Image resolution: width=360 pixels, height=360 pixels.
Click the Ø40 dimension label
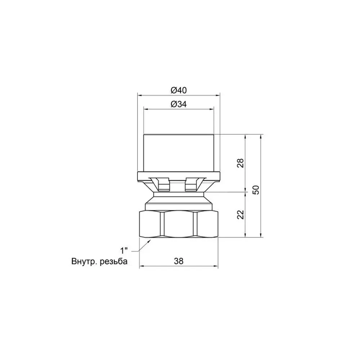[179, 90]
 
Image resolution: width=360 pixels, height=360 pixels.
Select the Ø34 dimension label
[179, 104]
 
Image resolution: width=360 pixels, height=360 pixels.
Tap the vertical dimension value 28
[240, 163]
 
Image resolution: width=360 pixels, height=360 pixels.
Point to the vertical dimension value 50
[256, 190]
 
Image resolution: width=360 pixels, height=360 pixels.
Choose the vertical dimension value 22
[240, 215]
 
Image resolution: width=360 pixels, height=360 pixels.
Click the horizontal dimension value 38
[179, 261]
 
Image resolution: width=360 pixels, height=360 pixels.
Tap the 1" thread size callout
[124, 250]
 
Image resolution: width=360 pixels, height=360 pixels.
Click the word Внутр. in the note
[84, 261]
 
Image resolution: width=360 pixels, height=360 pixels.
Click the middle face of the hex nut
[179, 224]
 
